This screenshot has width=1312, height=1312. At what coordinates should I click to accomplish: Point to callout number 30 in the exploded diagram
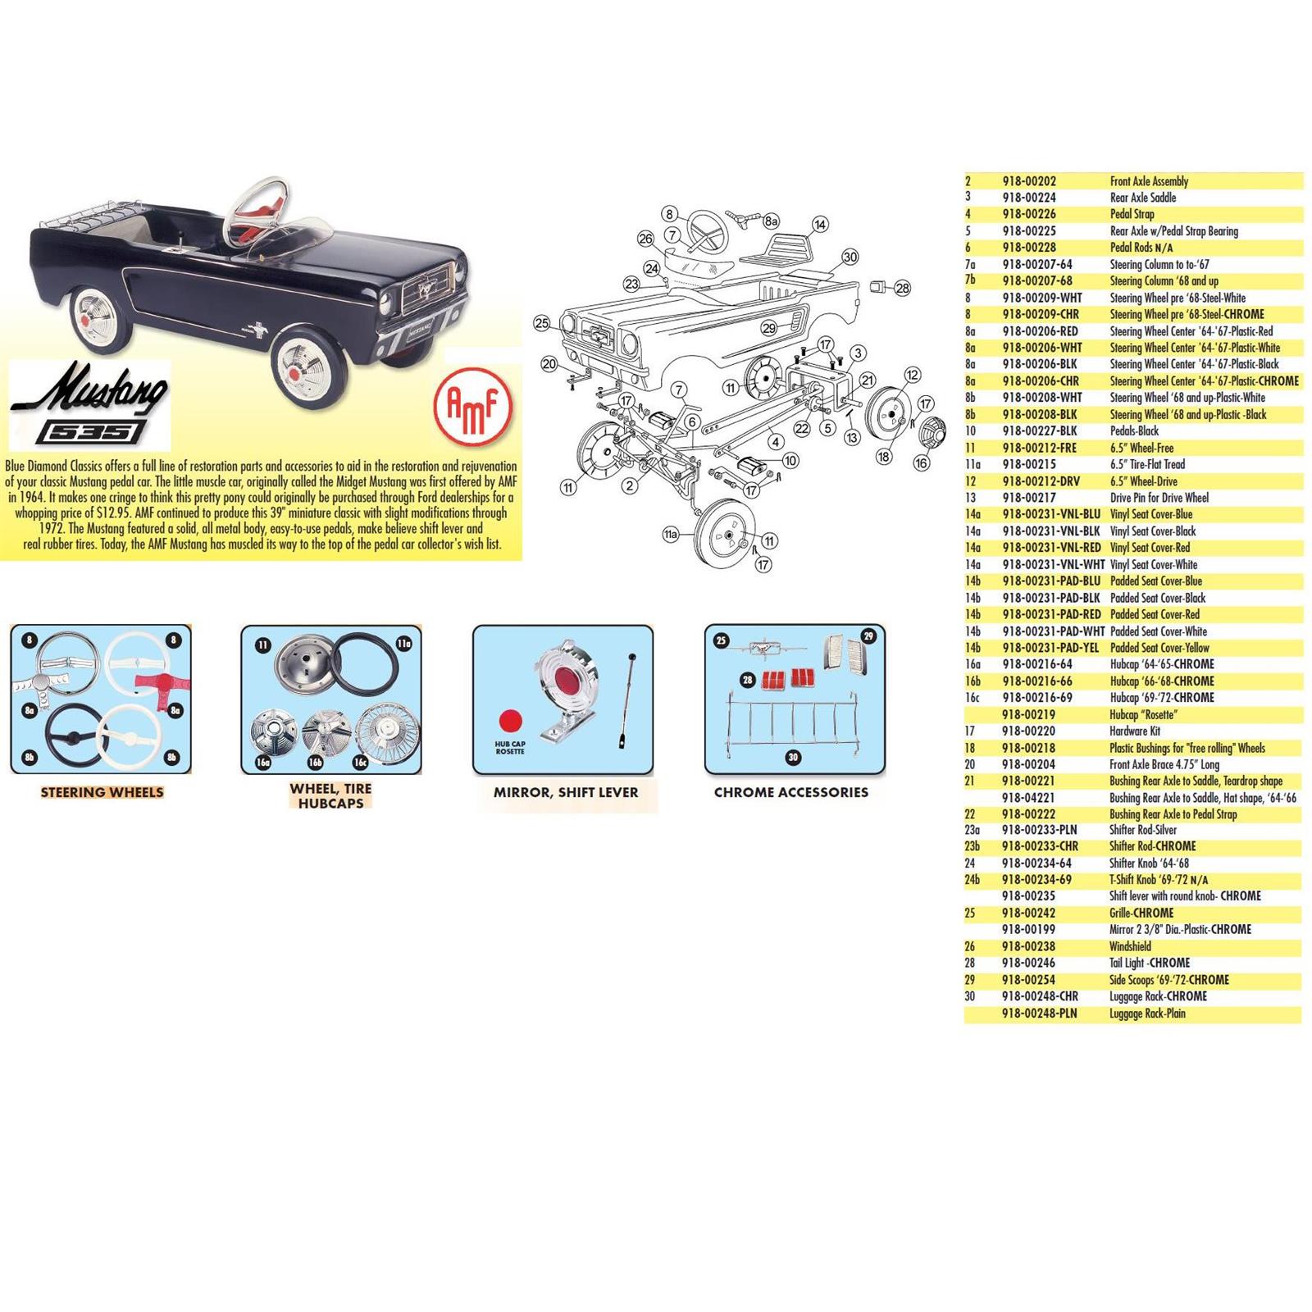[x=850, y=257]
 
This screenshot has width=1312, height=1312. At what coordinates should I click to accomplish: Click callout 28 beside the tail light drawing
[x=902, y=288]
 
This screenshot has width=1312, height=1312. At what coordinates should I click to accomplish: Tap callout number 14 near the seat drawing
[x=819, y=224]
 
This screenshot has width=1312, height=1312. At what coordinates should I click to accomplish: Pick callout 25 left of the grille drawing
[x=541, y=323]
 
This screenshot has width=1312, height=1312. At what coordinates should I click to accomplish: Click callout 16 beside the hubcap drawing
[x=921, y=463]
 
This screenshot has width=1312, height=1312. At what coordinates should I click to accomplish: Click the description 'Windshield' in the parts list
[x=1130, y=946]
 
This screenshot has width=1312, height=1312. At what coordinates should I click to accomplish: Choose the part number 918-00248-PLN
[x=1039, y=1014]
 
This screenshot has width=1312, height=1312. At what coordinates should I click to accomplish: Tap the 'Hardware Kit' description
[x=1134, y=731]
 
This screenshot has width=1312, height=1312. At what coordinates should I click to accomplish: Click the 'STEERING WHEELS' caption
[x=102, y=792]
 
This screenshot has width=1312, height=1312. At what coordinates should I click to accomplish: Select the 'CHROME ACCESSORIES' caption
[x=790, y=792]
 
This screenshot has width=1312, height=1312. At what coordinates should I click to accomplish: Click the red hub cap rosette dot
[x=509, y=721]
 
